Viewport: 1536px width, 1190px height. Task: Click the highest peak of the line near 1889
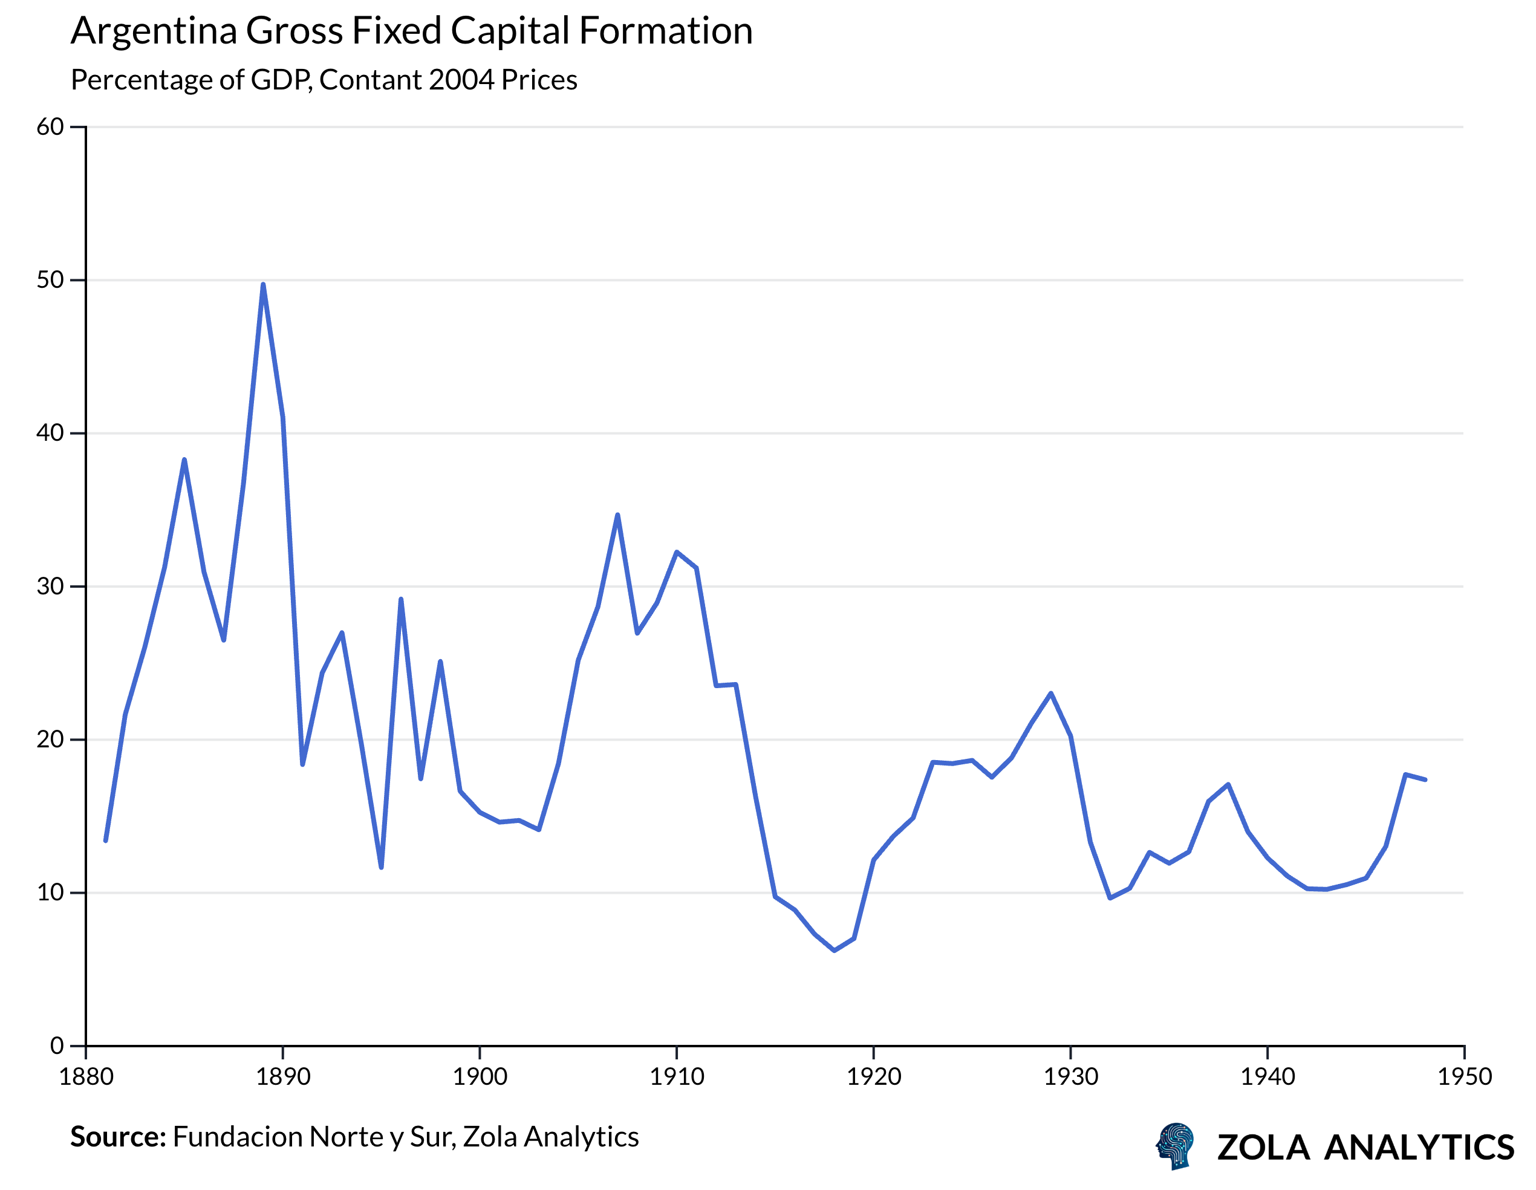coord(263,284)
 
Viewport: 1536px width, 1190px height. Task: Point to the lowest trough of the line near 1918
coord(834,950)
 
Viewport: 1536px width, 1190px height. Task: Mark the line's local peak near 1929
coord(1051,694)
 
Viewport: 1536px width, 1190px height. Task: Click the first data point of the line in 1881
coord(105,840)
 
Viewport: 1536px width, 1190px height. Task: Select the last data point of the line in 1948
coord(1425,779)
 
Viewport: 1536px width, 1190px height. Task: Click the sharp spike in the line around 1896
coord(401,599)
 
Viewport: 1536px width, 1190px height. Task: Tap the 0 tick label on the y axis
coord(57,1046)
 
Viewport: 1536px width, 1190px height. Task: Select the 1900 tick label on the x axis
coord(480,1077)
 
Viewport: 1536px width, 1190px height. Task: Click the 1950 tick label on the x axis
coord(1464,1077)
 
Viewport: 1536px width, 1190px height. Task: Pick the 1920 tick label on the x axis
coord(873,1077)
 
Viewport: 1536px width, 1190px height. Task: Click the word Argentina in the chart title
coord(154,31)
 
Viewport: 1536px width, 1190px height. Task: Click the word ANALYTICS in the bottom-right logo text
coord(1419,1148)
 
